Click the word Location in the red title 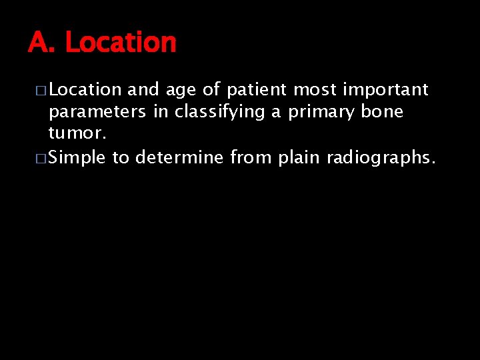click(x=121, y=43)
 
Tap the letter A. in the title click(x=43, y=43)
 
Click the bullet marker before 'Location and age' click(x=41, y=91)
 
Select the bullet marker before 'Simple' click(x=41, y=159)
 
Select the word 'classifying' click(x=219, y=113)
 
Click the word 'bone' click(x=382, y=111)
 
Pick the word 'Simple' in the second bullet click(x=77, y=158)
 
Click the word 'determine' click(x=181, y=157)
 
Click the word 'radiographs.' click(x=381, y=158)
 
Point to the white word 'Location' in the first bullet click(x=85, y=89)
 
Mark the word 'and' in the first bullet click(x=141, y=89)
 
